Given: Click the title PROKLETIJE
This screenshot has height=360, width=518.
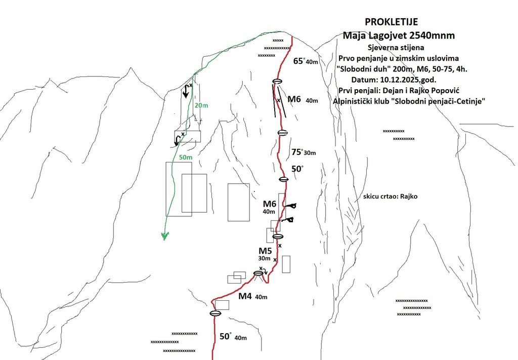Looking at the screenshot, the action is pos(391,22).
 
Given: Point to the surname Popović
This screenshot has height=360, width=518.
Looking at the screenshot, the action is pos(446,91).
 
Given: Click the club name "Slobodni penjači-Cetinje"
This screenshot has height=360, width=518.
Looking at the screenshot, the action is pos(438,101).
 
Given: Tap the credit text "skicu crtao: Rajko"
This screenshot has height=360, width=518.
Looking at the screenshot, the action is pos(390,196).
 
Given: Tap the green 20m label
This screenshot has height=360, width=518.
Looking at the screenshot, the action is pos(201,105).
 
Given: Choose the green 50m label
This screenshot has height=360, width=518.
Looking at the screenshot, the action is pos(185,157).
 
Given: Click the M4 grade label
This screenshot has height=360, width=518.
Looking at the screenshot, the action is pos(245,296).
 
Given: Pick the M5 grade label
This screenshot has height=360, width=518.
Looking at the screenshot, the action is pos(265,251).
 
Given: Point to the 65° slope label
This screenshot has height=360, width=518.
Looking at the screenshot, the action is pos(298,61).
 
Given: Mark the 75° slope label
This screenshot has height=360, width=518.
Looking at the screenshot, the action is pos(296,152).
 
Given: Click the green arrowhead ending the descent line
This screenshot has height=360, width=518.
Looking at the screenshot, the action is pos(165,236).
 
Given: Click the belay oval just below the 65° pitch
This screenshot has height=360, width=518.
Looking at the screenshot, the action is pos(277,82).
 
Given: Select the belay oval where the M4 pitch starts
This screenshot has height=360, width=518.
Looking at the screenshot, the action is pos(215,313).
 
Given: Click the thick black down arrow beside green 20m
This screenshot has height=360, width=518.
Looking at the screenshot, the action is pos(186,90).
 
